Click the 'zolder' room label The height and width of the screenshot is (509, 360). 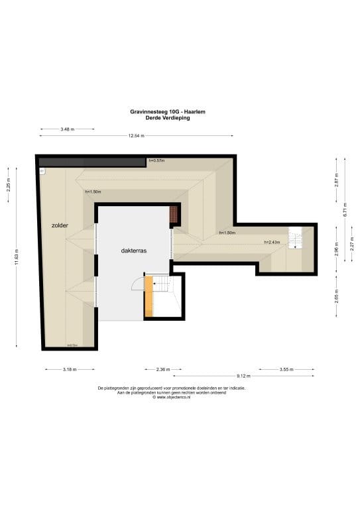[60, 226]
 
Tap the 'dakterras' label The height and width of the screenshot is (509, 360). [133, 251]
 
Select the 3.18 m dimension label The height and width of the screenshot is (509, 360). [69, 370]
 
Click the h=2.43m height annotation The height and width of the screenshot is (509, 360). [272, 243]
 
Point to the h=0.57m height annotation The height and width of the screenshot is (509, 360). [156, 161]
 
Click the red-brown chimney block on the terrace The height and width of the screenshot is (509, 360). [174, 215]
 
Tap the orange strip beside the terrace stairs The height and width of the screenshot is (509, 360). [149, 296]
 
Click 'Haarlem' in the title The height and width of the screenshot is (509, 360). [194, 113]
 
